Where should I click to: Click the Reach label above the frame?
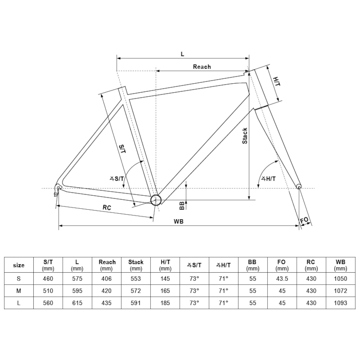[x=202, y=67]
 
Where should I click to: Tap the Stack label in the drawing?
[x=245, y=136]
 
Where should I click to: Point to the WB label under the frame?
[x=178, y=221]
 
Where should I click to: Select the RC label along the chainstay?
[x=107, y=207]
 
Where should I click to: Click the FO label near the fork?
[x=304, y=220]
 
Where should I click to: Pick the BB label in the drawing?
[x=182, y=206]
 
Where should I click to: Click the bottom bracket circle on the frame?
[x=156, y=200]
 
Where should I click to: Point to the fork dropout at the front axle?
[x=299, y=186]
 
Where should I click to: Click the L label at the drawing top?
[x=183, y=54]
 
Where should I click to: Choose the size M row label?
[x=19, y=291]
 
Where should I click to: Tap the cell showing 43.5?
[x=282, y=279]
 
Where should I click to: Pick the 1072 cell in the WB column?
[x=341, y=291]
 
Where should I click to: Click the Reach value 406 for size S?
[x=107, y=279]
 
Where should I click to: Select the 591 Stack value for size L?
[x=136, y=303]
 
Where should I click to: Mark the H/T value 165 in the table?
[x=165, y=291]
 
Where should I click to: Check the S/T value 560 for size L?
[x=48, y=303]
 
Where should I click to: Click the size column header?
[x=19, y=265]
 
